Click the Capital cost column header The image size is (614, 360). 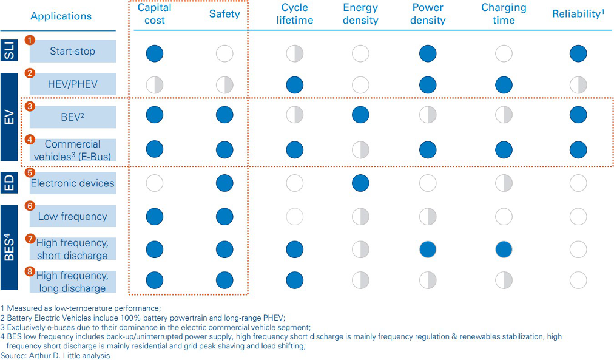click(x=154, y=14)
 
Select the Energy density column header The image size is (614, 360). click(x=360, y=14)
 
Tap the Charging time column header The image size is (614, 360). click(x=504, y=14)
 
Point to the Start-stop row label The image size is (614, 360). click(x=72, y=52)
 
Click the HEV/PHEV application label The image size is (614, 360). click(x=72, y=84)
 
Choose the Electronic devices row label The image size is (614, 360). click(x=72, y=183)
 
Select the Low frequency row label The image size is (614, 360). click(x=72, y=216)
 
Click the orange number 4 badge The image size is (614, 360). click(x=30, y=140)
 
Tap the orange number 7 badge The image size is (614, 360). click(x=30, y=239)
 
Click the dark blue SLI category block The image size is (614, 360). click(x=9, y=51)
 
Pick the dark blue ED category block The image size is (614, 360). click(x=9, y=183)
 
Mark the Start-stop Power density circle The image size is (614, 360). click(x=428, y=53)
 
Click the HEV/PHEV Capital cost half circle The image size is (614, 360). click(x=154, y=85)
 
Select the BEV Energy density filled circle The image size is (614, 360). click(x=360, y=115)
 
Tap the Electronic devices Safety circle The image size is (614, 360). click(x=224, y=183)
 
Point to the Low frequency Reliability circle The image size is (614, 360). click(x=578, y=217)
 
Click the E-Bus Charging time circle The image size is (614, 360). click(x=504, y=149)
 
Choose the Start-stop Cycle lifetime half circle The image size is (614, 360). click(x=294, y=53)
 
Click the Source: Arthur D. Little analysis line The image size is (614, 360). click(x=55, y=355)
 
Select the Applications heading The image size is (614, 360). click(x=61, y=16)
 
